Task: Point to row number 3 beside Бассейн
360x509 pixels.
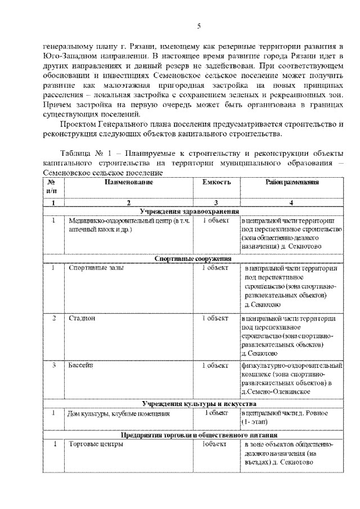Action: tap(53, 366)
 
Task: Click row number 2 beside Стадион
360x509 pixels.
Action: tap(53, 318)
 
